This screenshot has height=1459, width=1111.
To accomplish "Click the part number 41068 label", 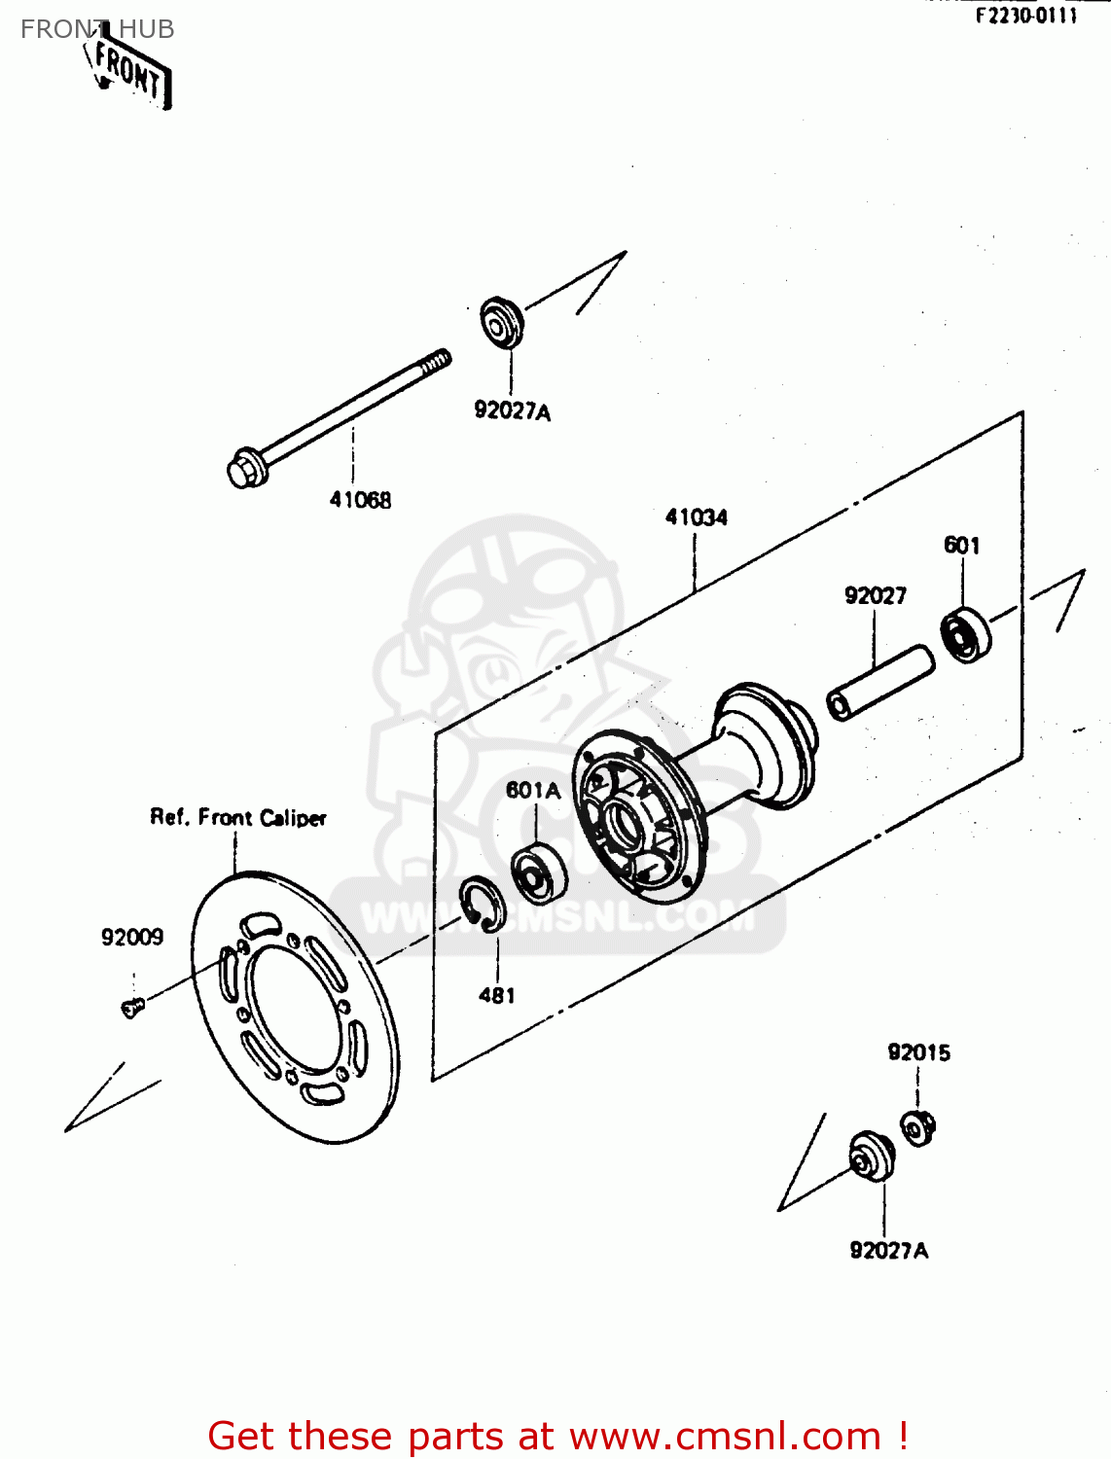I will tap(360, 500).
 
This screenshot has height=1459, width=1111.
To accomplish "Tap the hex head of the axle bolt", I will tap(243, 470).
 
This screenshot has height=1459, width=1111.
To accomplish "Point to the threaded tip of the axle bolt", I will tap(438, 362).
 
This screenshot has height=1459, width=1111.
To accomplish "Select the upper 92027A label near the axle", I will tap(512, 411).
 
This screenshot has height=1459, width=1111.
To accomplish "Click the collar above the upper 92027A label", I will tap(502, 322).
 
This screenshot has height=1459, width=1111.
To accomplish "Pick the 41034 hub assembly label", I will tap(696, 517).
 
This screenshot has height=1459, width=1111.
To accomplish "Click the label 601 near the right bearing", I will tap(961, 546).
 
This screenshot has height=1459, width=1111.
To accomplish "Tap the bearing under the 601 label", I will tap(965, 635).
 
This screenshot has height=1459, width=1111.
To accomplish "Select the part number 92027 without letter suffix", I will tap(875, 596).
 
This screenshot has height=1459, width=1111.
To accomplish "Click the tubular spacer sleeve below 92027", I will tap(879, 684).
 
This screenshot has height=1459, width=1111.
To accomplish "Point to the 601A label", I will tap(533, 791).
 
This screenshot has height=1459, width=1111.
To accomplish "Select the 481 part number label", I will tap(496, 995).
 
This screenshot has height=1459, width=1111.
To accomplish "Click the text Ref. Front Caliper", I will tap(238, 818).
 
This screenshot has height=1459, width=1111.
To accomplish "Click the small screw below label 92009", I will tap(132, 1008).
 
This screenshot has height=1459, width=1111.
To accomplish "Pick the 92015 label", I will tap(918, 1052).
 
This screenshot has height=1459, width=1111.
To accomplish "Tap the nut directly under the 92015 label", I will tap(916, 1128).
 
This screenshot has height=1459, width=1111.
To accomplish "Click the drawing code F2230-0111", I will tap(1026, 17).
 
